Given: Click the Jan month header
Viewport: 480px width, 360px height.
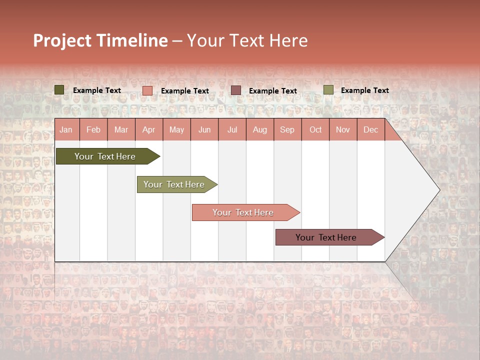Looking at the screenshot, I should click(66, 130).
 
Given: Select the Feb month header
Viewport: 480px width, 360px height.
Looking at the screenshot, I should click(93, 130).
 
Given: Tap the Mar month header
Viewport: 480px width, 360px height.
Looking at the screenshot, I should click(121, 130).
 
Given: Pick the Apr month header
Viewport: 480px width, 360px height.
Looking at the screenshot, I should click(149, 130).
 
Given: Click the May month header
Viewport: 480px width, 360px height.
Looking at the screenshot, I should click(176, 130).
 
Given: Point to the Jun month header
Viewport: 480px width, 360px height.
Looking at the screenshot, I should click(204, 130).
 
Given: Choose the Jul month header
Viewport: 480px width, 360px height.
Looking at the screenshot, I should click(232, 130).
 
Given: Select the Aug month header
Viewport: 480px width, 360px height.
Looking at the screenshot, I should click(260, 130).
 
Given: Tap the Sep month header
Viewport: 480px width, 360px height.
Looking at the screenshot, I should click(287, 130).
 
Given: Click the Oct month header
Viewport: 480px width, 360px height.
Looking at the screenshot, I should click(315, 130).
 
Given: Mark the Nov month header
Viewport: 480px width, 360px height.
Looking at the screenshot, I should click(343, 130).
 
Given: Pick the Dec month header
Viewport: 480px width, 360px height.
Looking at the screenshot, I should click(370, 130).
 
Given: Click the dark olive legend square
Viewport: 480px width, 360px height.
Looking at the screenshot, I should click(59, 90).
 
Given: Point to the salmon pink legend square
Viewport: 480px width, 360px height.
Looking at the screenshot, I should click(147, 90).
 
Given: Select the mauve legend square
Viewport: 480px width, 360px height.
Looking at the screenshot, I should click(236, 90).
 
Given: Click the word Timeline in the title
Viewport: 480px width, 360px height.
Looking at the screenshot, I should click(132, 40).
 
